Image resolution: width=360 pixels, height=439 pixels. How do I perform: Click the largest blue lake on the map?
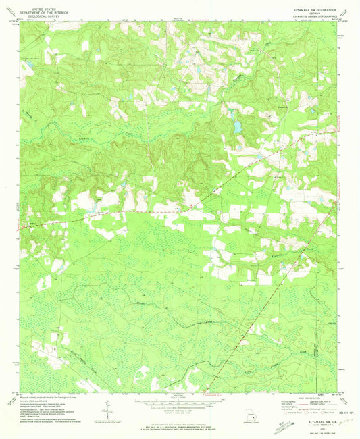237,126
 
